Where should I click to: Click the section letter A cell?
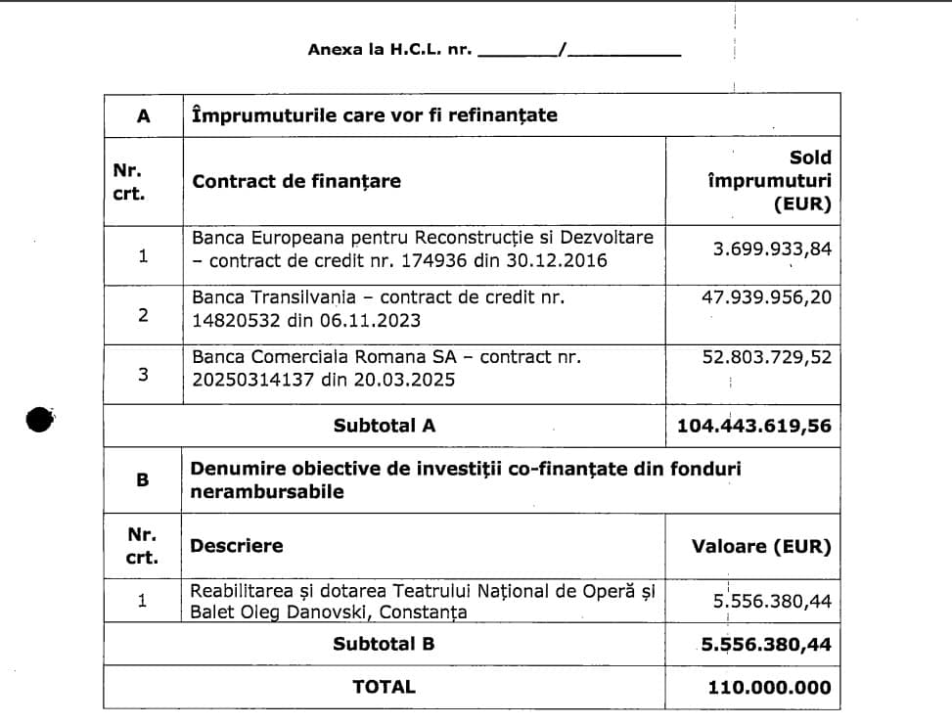pos(143,115)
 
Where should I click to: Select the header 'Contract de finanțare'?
pos(296,181)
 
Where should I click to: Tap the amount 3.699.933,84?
pos(772,249)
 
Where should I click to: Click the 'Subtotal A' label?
pos(384,426)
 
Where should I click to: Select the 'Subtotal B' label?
pos(384,644)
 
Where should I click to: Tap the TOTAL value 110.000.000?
pos(769,687)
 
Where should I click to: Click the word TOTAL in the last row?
pos(384,687)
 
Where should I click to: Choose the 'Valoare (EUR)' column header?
pos(761,546)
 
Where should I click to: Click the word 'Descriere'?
pos(238,545)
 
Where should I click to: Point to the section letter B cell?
pos(143,480)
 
